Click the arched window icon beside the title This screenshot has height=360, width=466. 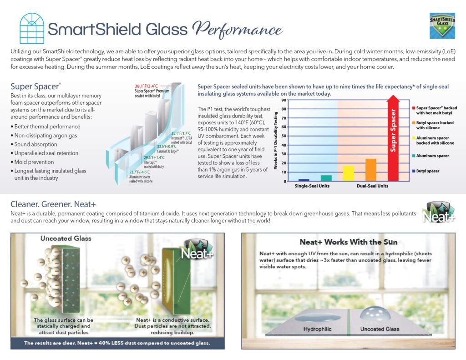point(32,28)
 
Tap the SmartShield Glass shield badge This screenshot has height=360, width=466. point(442,25)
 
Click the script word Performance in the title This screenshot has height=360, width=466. point(237,30)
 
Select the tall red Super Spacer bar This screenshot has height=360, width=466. point(393,138)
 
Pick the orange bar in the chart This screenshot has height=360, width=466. point(370,170)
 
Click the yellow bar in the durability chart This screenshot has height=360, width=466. point(348,173)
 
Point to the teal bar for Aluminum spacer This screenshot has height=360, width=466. point(326,178)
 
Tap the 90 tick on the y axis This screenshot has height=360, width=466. point(284,100)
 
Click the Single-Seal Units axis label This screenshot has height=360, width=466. point(312,186)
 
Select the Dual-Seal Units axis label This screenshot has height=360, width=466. point(372,186)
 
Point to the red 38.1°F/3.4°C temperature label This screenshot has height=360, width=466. point(146,86)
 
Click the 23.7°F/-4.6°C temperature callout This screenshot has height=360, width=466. point(139,172)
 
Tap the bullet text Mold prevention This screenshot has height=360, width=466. point(34,162)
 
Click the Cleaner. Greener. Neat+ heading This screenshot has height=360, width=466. point(53,204)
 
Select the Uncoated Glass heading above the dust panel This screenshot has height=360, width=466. point(66,238)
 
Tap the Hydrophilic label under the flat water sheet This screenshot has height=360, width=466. point(317,329)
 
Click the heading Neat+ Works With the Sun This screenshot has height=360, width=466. point(348,242)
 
